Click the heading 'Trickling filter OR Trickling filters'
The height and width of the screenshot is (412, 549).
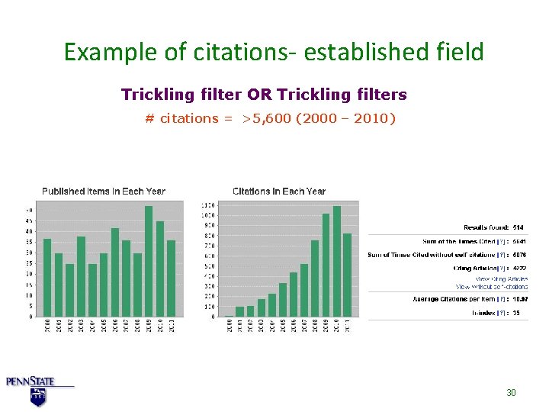[264, 95]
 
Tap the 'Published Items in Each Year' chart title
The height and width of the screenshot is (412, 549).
[104, 191]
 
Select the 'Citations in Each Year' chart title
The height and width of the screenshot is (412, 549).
[279, 191]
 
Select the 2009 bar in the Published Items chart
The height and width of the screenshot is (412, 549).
[149, 261]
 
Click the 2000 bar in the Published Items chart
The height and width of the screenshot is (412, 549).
[47, 278]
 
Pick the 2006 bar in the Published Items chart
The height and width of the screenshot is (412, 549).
[115, 272]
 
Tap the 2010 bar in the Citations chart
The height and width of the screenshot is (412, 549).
[337, 261]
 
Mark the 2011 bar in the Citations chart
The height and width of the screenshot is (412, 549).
[348, 275]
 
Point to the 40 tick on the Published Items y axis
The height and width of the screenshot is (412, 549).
[29, 231]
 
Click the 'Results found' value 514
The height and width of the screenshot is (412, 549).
[518, 227]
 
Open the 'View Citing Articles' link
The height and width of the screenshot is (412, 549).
[502, 279]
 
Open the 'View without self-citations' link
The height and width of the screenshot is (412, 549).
[492, 286]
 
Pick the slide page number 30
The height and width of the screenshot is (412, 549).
[512, 392]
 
